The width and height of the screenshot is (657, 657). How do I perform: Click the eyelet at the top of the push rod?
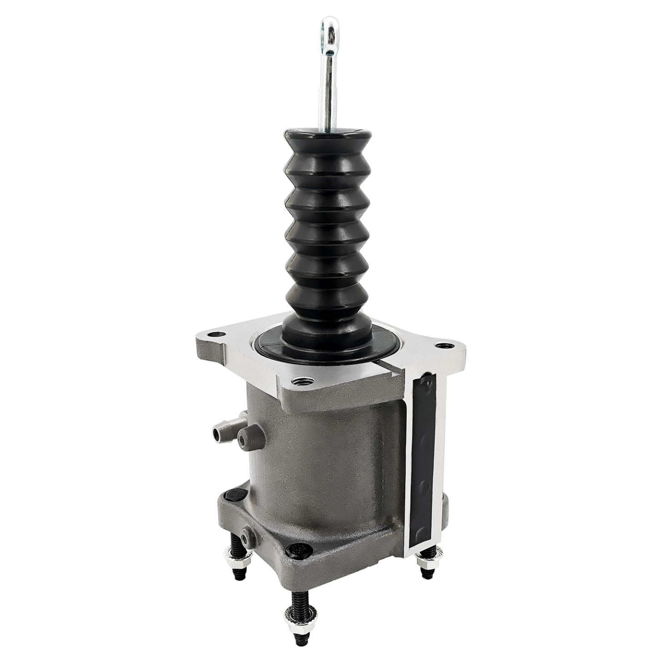tap(327, 34)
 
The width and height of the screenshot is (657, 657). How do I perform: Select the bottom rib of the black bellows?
tap(327, 298)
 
